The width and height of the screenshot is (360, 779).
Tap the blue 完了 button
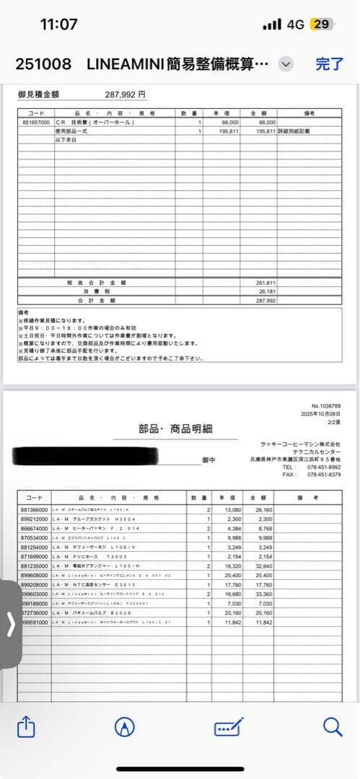330,63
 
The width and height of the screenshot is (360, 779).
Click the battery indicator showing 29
321,24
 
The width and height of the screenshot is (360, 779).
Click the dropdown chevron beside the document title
286,64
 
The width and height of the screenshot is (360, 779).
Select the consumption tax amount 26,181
265,291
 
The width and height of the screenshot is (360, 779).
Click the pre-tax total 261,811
265,283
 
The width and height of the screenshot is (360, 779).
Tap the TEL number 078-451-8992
324,467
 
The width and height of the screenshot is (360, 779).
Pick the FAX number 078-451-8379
324,474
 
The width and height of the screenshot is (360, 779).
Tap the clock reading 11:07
58,24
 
